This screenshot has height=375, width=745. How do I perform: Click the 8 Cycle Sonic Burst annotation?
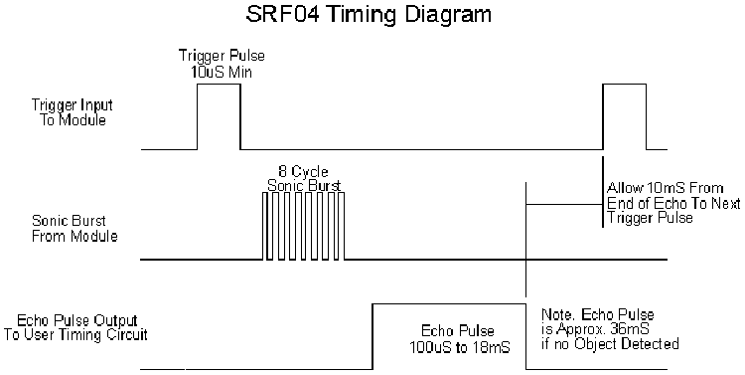(305, 178)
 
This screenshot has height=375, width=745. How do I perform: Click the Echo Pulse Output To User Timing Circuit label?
(82, 328)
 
